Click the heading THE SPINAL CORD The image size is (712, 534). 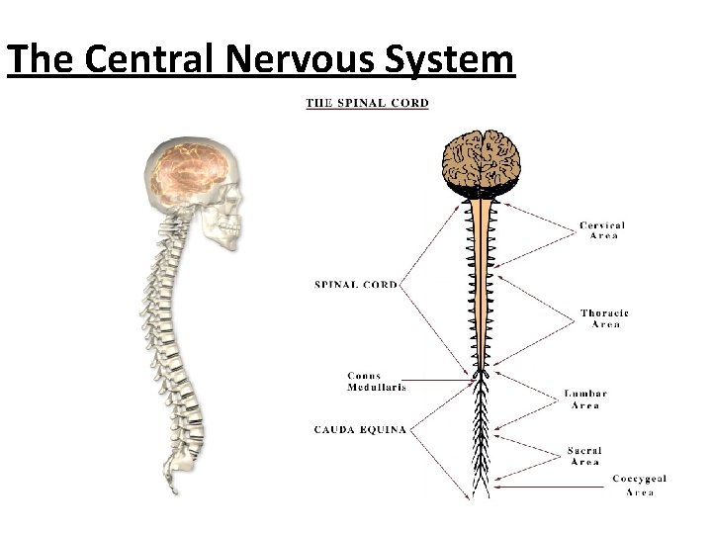[367, 103]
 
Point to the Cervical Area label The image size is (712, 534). [602, 230]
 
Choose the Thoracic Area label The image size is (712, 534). [604, 318]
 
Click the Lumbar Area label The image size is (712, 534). [585, 400]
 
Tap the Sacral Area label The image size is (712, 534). [584, 456]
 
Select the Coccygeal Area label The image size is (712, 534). [639, 485]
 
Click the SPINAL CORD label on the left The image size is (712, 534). [356, 285]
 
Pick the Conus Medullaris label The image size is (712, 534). [376, 382]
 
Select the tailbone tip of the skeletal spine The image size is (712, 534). [174, 489]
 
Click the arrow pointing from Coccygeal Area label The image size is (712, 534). [554, 485]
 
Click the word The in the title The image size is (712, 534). [41, 60]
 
